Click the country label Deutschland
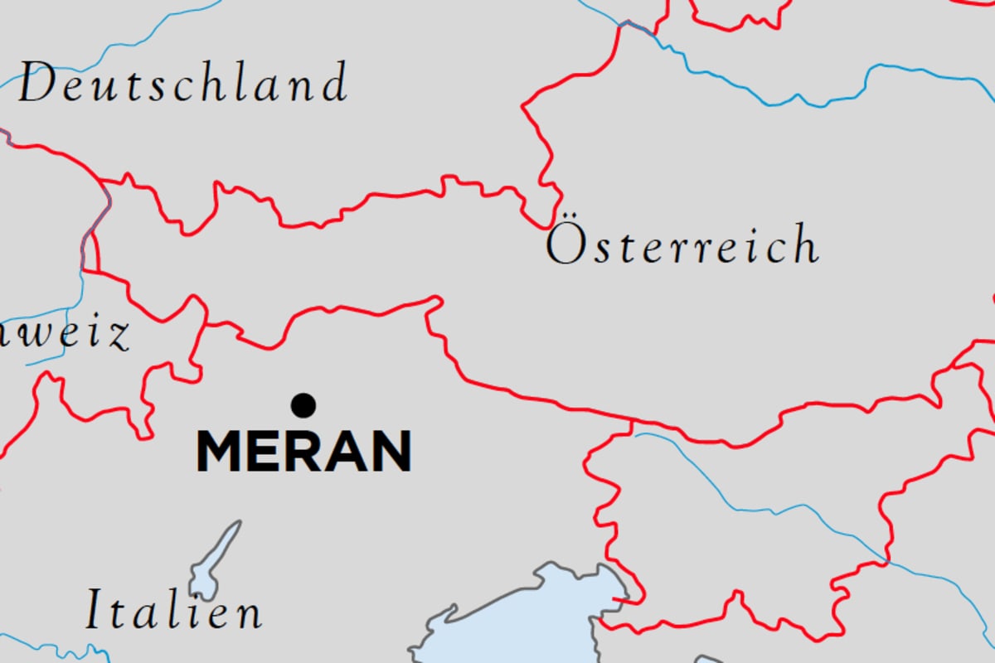[x=182, y=85]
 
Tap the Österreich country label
[x=682, y=246]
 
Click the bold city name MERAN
[x=303, y=452]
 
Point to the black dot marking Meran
[x=303, y=405]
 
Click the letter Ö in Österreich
[x=565, y=244]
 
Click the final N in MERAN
[x=391, y=452]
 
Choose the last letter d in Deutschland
[x=334, y=83]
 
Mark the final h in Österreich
[x=804, y=244]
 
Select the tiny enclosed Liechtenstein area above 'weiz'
[x=90, y=253]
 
